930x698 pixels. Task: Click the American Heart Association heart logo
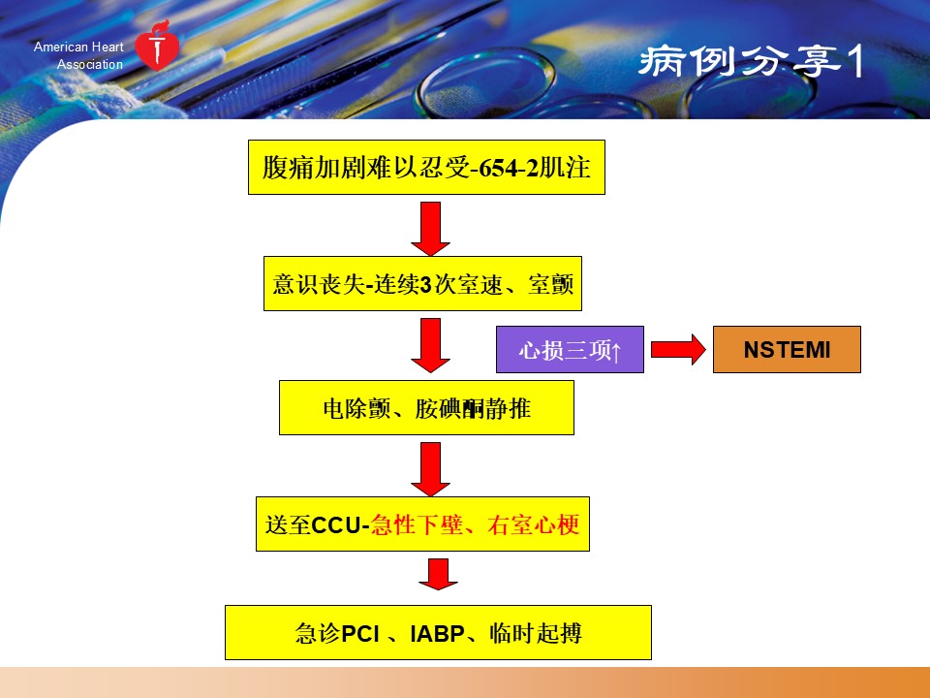[x=157, y=47]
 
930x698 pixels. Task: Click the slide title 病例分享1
[x=751, y=62]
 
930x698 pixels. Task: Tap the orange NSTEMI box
[x=787, y=350]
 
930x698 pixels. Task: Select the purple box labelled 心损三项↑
[x=570, y=350]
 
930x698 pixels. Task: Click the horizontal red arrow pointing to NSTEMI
[x=678, y=350]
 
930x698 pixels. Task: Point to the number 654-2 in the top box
[x=508, y=169]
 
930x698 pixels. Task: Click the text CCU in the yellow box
[x=336, y=525]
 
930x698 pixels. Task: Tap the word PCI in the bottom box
[x=360, y=634]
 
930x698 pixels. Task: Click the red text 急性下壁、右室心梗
[x=475, y=525]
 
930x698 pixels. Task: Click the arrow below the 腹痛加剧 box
[x=430, y=229]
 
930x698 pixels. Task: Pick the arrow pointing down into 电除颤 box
[x=430, y=345]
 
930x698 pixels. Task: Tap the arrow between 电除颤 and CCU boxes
[x=430, y=469]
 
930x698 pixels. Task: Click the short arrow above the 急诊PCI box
[x=438, y=574]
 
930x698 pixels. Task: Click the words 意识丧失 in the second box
[x=319, y=284]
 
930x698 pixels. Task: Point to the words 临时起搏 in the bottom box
[x=536, y=634]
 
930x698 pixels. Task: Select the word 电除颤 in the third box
[x=357, y=409]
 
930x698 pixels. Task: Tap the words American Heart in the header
[x=78, y=47]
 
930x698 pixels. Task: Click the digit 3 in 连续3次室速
[x=425, y=285]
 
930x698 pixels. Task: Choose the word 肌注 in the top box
[x=565, y=168]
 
